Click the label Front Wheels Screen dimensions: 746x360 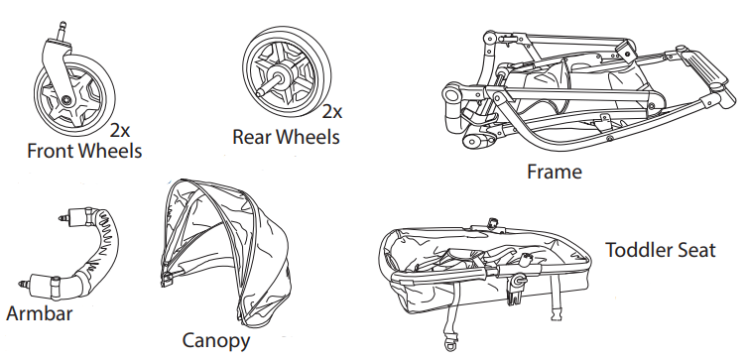click(x=84, y=152)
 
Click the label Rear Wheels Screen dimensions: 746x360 click(x=286, y=136)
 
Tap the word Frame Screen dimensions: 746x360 click(x=554, y=172)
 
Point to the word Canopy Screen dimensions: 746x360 click(x=216, y=341)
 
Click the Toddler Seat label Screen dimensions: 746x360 click(x=661, y=250)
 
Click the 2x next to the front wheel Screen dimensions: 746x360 click(x=121, y=130)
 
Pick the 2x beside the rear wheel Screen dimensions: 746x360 click(x=332, y=112)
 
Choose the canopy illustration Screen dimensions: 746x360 click(x=223, y=248)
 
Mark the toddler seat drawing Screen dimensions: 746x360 click(x=486, y=263)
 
